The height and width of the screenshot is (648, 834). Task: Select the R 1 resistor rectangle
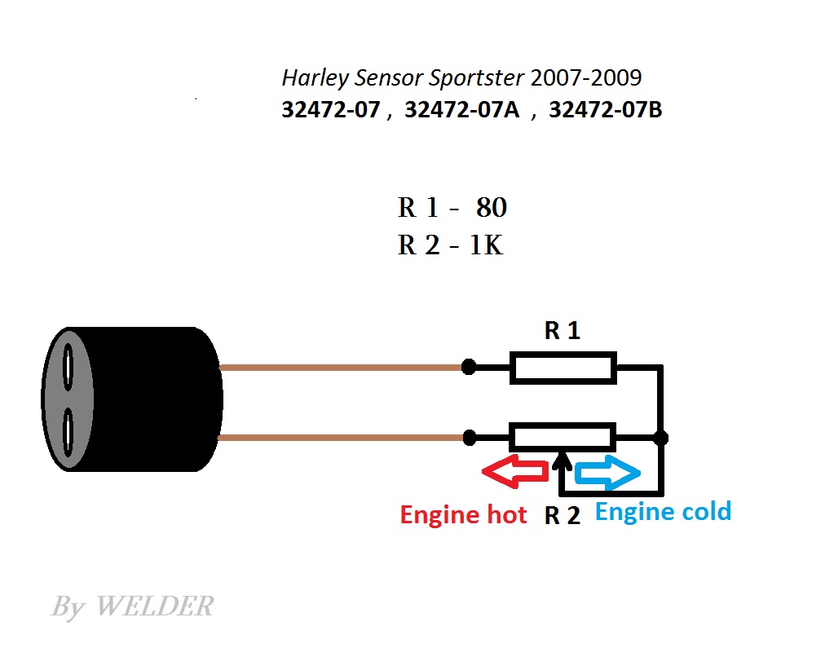click(563, 368)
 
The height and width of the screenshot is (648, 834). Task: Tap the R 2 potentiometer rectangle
click(563, 438)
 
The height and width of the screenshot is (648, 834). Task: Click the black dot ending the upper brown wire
click(469, 367)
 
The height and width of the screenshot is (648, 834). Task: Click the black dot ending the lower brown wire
click(470, 438)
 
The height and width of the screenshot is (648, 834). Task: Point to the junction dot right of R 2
click(660, 438)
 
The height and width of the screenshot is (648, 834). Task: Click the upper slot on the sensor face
click(68, 367)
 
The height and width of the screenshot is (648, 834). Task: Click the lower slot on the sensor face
click(68, 432)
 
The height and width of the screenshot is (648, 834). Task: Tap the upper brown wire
click(341, 368)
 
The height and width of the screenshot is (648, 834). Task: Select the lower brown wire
click(341, 438)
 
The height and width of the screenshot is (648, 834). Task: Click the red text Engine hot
click(463, 515)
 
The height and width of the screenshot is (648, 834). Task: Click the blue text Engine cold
click(664, 512)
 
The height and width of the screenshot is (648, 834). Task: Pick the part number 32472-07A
click(461, 109)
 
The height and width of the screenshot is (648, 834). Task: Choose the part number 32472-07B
click(605, 109)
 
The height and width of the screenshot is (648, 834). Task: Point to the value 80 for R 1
click(492, 207)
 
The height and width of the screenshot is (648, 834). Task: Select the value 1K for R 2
click(486, 245)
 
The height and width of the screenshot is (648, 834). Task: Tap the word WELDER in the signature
click(154, 606)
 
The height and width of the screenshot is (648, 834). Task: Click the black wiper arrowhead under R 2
click(562, 461)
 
